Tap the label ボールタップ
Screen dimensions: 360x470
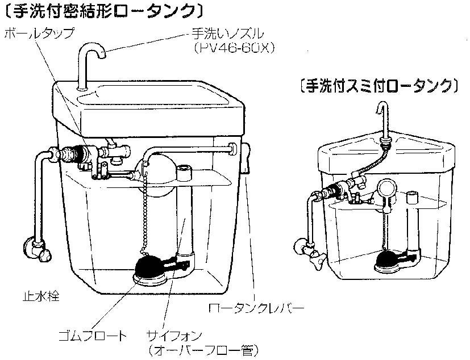pos(39,34)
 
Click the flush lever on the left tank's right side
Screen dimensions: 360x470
pos(247,159)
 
